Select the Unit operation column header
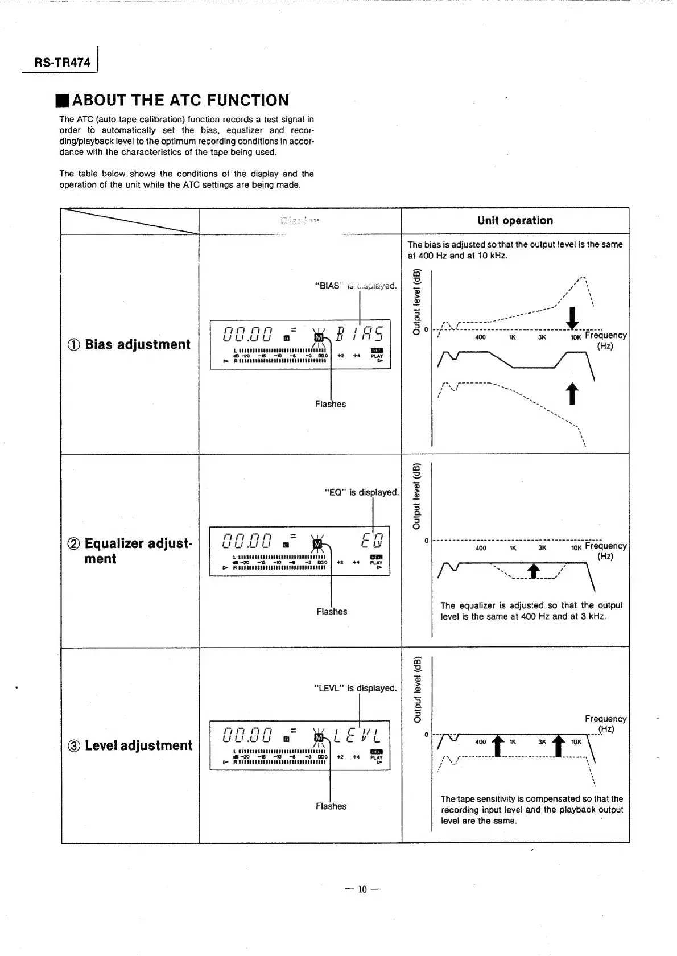(x=515, y=221)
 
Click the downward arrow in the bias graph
(x=573, y=318)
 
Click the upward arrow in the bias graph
(x=572, y=393)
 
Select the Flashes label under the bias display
(x=331, y=404)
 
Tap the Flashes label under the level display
(x=331, y=806)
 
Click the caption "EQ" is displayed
(x=361, y=492)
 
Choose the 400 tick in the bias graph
(x=480, y=337)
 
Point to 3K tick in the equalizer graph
(x=542, y=548)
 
